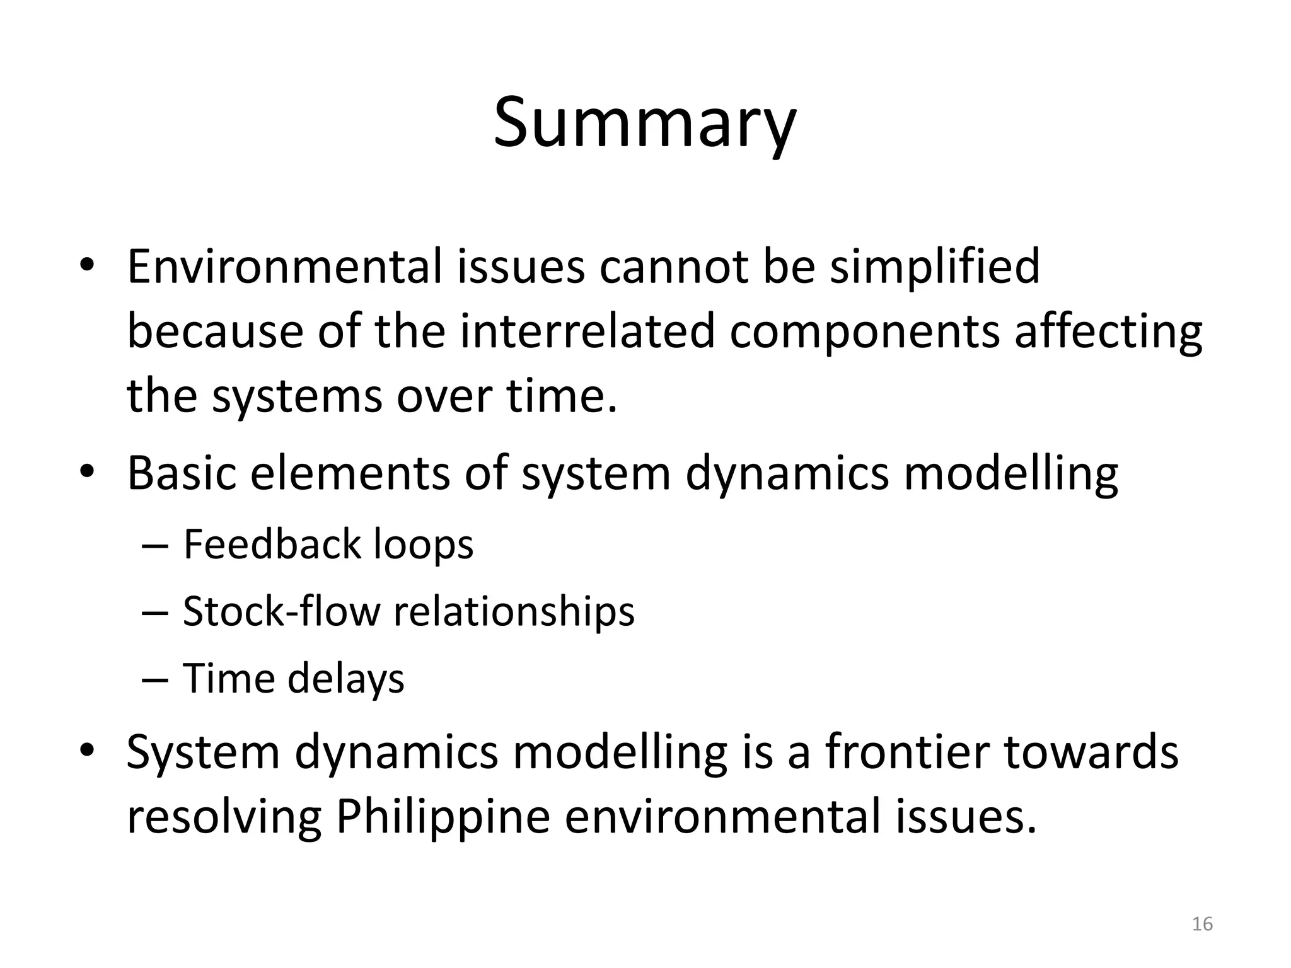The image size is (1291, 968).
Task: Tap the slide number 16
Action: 1202,924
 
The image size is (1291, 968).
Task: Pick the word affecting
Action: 1108,333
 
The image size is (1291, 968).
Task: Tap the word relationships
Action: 514,613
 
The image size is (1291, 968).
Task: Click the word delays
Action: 345,680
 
